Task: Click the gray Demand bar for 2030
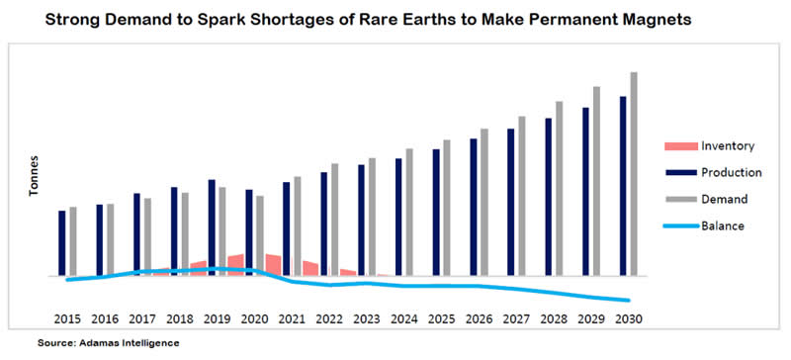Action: [x=634, y=174]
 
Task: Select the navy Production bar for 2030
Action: [x=623, y=186]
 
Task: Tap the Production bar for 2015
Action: [x=62, y=243]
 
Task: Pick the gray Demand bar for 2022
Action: [x=334, y=220]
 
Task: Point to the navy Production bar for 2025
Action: [x=436, y=213]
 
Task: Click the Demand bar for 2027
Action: [x=522, y=197]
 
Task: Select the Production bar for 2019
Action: [x=212, y=227]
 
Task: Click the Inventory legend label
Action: [x=728, y=146]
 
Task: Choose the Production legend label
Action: [x=731, y=173]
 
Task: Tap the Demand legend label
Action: [x=725, y=199]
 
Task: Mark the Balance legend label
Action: [x=723, y=225]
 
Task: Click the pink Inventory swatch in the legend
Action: [x=681, y=146]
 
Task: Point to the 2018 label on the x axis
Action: [x=180, y=319]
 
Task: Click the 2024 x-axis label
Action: [x=404, y=319]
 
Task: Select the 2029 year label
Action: [x=591, y=319]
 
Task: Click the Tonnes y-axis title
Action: [x=34, y=176]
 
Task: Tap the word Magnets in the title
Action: [x=661, y=20]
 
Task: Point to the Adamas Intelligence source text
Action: [x=108, y=343]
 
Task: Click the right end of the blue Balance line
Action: [x=629, y=301]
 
